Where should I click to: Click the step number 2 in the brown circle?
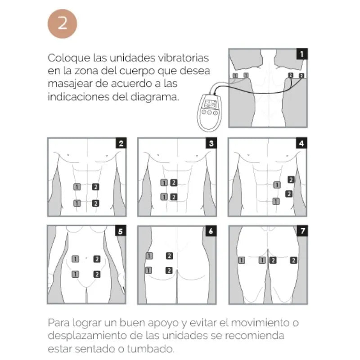pyautogui.click(x=63, y=23)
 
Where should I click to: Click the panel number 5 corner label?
pyautogui.click(x=120, y=231)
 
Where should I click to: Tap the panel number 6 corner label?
pyautogui.click(x=211, y=231)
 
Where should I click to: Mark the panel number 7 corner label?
pyautogui.click(x=302, y=231)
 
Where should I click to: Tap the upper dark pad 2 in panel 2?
pyautogui.click(x=95, y=187)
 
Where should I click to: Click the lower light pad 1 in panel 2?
pyautogui.click(x=77, y=203)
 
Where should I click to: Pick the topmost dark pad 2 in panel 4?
pyautogui.click(x=291, y=180)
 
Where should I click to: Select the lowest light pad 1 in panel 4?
pyautogui.click(x=275, y=201)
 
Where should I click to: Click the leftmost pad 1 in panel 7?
pyautogui.click(x=242, y=260)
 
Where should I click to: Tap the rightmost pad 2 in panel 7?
pyautogui.click(x=293, y=260)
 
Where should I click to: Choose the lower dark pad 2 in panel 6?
pyautogui.click(x=169, y=270)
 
